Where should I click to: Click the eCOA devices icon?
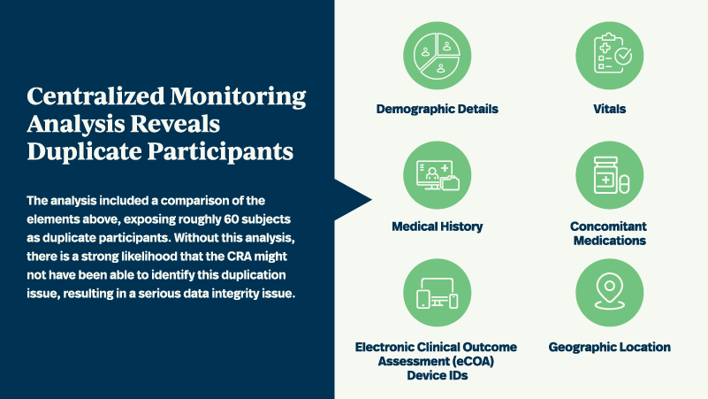438,293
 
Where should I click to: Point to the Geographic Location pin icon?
609,293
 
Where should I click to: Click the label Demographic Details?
438,109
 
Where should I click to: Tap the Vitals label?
609,109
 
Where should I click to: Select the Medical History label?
438,226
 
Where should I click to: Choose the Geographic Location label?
609,347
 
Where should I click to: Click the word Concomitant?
609,226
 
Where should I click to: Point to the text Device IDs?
438,376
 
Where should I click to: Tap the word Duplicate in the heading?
79,151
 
